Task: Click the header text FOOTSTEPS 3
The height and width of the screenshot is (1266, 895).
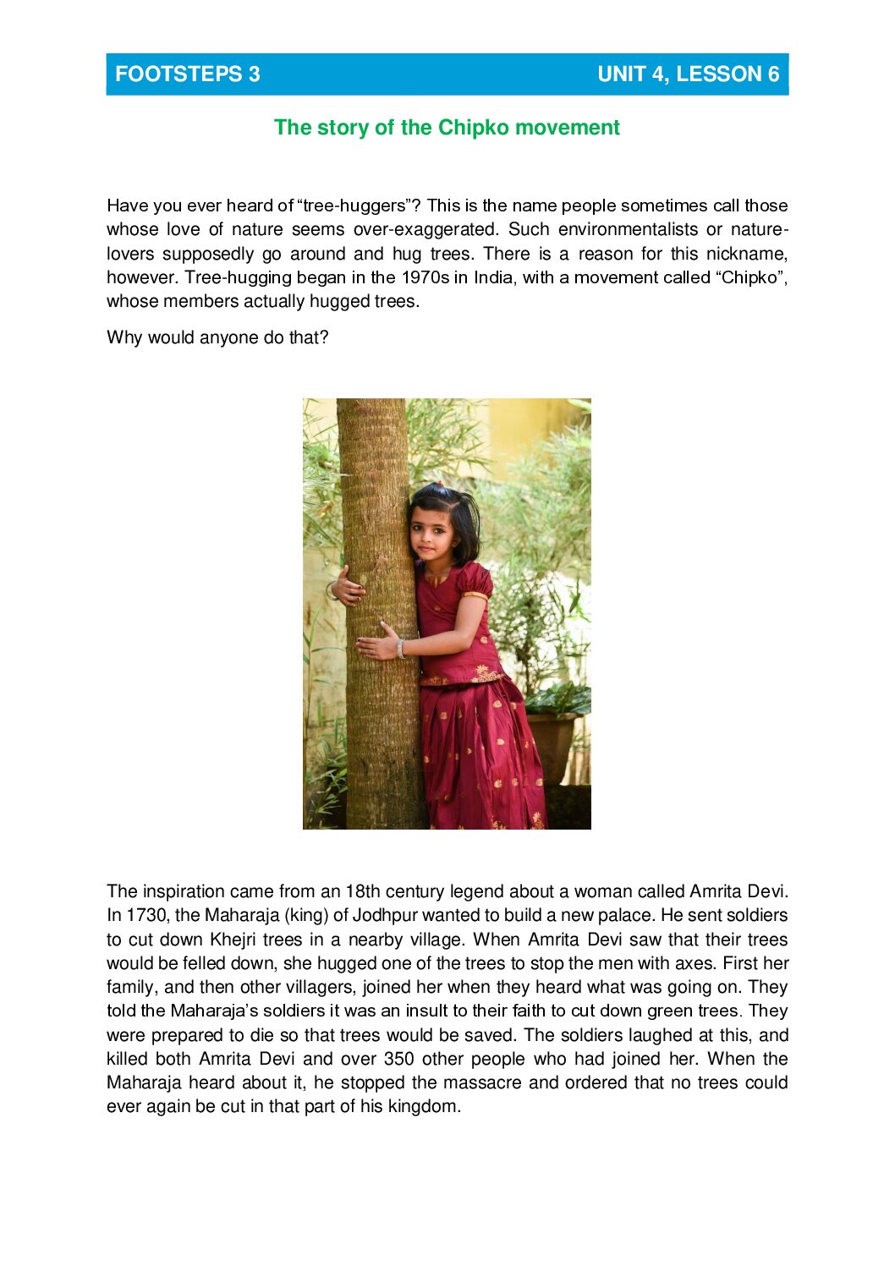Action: point(187,74)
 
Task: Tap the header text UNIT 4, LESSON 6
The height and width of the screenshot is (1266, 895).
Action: point(688,74)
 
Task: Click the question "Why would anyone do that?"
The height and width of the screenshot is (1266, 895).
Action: point(217,337)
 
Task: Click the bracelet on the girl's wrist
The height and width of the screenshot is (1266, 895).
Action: point(401,648)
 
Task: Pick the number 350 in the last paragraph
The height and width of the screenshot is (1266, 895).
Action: point(398,1059)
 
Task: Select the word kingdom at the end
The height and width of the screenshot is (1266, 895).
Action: point(423,1106)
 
